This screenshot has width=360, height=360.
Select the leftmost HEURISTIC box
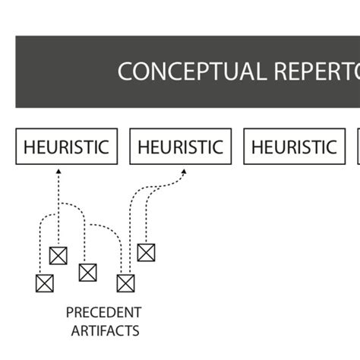[x=67, y=147]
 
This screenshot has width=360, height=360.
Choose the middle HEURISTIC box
[x=181, y=147]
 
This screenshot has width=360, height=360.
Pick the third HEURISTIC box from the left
[x=294, y=147]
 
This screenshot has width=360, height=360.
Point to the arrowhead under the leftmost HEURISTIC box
[x=58, y=174]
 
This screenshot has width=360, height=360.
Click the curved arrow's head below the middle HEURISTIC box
[x=182, y=173]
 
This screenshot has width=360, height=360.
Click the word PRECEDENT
[x=103, y=312]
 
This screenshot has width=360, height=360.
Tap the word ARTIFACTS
[x=105, y=330]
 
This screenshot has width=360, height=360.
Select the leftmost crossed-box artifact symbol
[x=45, y=283]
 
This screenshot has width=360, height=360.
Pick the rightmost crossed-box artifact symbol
[x=146, y=252]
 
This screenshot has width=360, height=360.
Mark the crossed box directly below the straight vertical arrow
[x=58, y=255]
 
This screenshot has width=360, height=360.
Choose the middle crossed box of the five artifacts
[x=87, y=272]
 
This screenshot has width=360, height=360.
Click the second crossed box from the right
[x=125, y=283]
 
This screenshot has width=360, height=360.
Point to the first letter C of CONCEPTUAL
[x=125, y=71]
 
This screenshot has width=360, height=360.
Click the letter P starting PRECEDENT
[x=70, y=312]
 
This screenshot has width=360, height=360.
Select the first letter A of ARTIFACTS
[x=75, y=330]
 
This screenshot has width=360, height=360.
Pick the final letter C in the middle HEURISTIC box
[x=218, y=147]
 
